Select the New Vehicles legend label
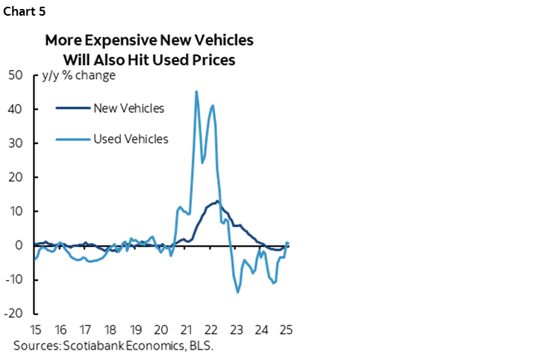click(128, 108)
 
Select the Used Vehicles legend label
click(131, 139)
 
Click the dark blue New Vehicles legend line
click(72, 108)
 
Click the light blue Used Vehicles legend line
click(72, 139)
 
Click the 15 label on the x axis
click(35, 330)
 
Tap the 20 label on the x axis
click(160, 330)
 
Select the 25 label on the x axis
click(286, 330)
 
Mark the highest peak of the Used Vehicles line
click(196, 91)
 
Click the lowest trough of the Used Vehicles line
click(238, 292)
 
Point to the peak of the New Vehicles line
click(216, 200)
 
